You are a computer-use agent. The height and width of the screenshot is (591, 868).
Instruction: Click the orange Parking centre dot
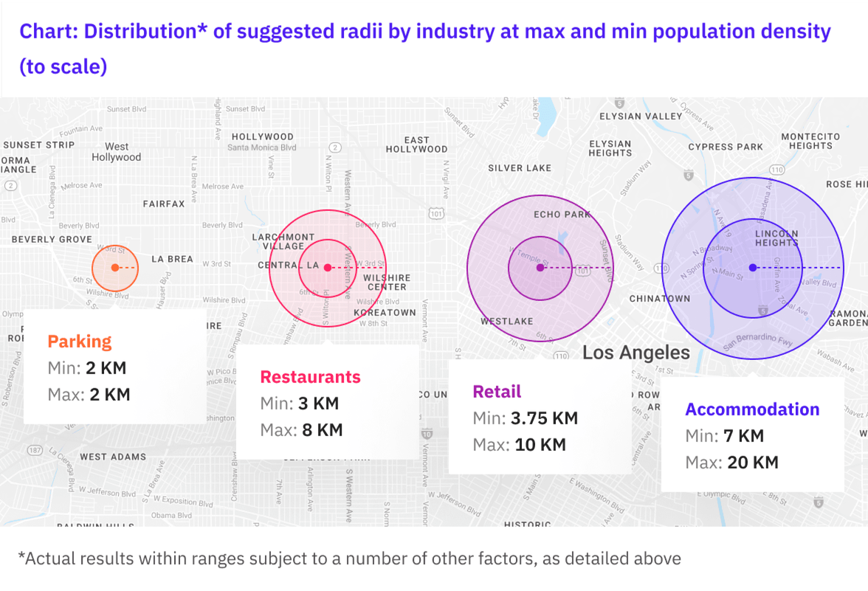click(115, 267)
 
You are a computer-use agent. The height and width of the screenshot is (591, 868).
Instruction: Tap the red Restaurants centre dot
click(328, 267)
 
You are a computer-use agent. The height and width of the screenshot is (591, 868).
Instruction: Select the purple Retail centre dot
click(540, 267)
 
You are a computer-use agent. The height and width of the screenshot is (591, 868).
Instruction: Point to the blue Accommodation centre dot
click(752, 267)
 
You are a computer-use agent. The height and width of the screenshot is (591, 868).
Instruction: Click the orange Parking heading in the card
click(80, 342)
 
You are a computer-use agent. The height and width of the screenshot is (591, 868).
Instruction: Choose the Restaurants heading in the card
click(310, 377)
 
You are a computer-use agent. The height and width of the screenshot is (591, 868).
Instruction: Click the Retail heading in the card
click(497, 392)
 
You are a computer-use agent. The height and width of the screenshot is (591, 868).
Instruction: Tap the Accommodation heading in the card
click(752, 409)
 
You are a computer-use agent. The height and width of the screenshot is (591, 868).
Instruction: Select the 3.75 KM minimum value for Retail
click(544, 418)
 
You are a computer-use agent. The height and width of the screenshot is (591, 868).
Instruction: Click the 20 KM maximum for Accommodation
click(752, 463)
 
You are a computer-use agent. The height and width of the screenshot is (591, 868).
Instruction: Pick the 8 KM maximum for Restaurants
click(317, 430)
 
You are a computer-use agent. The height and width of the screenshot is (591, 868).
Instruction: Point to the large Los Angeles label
click(636, 353)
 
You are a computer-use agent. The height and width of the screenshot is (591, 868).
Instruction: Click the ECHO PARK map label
click(562, 215)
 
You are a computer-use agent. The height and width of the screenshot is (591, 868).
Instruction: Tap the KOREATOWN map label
click(385, 313)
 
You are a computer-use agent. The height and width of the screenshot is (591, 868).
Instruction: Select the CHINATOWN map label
click(660, 299)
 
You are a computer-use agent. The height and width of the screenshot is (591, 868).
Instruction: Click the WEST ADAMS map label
click(113, 457)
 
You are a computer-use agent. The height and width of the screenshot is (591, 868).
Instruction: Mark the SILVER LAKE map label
click(520, 168)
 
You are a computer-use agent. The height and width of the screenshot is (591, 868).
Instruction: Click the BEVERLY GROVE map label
click(52, 240)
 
